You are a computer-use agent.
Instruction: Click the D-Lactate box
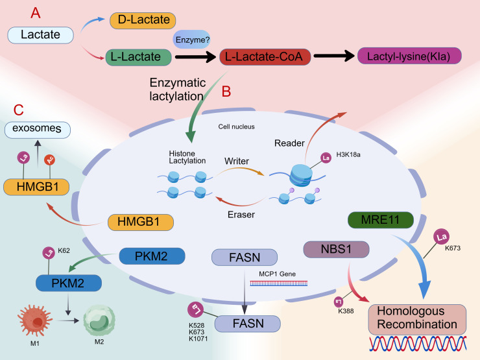point(143,21)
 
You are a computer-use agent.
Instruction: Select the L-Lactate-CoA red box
point(265,56)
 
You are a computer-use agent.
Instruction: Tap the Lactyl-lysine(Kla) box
point(409,56)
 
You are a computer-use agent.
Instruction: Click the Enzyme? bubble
point(192,40)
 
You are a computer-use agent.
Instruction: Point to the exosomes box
point(38,130)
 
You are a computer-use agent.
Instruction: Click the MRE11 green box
point(381,219)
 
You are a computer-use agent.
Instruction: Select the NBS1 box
point(336,249)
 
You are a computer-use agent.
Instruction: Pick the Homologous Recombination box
point(417,319)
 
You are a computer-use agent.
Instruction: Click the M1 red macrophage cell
point(34,320)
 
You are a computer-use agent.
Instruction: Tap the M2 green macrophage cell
point(99,320)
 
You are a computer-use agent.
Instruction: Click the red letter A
point(36,13)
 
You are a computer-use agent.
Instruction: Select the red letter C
point(19,110)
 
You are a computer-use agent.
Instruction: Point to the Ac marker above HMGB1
point(49,160)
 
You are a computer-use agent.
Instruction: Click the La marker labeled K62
point(49,253)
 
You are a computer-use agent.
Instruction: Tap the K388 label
point(346,311)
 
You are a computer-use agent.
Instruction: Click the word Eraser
point(241,215)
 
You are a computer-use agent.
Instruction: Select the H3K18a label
point(348,154)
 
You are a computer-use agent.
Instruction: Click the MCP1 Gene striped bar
point(278,283)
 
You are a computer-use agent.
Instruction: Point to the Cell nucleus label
point(236,126)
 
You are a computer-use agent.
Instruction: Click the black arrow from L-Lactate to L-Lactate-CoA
point(196,56)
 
